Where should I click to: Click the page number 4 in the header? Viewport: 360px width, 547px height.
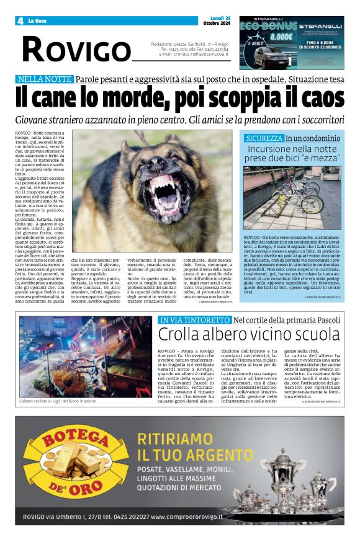click(x=20, y=21)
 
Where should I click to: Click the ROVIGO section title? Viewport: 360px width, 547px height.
click(x=76, y=50)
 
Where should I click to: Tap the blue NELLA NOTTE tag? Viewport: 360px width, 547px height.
click(x=45, y=79)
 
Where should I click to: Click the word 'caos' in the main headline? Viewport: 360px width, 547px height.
click(x=318, y=98)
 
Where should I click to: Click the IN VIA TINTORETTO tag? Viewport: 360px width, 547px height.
click(x=194, y=320)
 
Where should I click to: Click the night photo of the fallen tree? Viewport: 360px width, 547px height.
click(x=85, y=348)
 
